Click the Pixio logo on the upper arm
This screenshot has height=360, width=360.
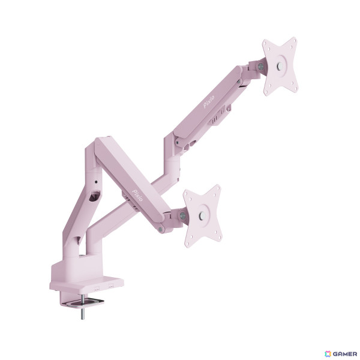click(x=209, y=101)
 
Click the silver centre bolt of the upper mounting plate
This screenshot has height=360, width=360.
click(x=280, y=67)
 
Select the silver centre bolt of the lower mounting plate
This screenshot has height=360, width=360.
click(x=202, y=215)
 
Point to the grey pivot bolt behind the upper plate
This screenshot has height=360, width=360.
click(x=261, y=67)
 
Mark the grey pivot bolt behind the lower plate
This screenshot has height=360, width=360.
click(x=183, y=215)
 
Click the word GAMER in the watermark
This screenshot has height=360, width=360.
click(x=344, y=354)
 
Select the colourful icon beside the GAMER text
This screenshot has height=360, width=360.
click(x=328, y=354)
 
